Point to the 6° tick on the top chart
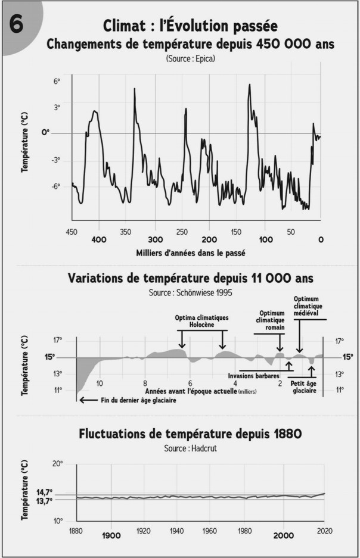tap(57, 81)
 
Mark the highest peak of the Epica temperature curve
tap(249, 85)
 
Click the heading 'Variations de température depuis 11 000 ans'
tap(191, 279)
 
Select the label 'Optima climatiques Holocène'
tap(202, 322)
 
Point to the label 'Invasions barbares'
tap(254, 376)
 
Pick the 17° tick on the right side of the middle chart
tap(340, 341)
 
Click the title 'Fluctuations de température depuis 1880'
tap(190, 434)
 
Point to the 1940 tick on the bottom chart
tap(176, 531)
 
